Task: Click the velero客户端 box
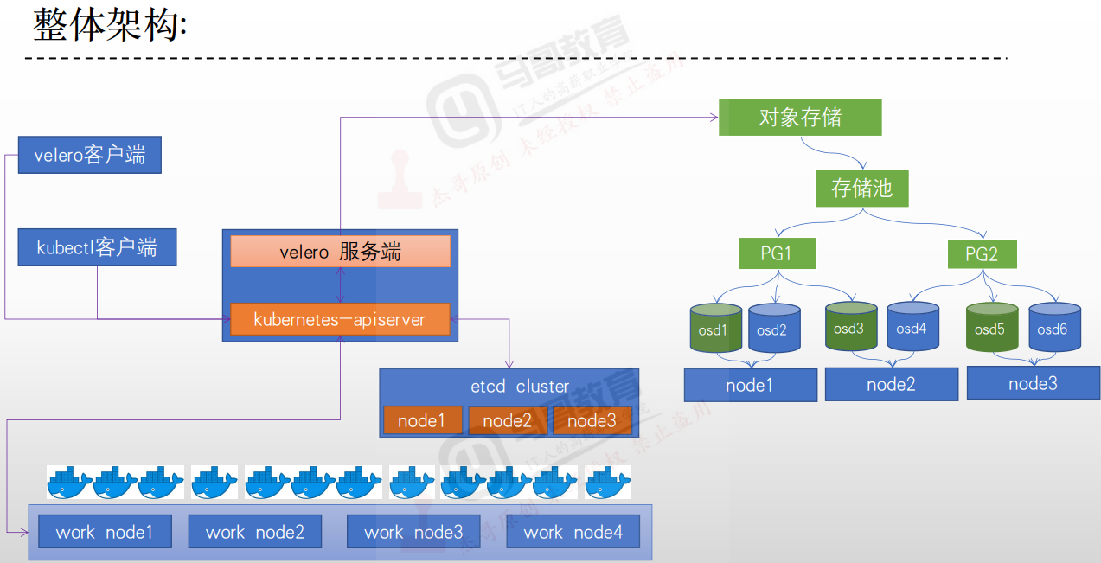pos(90,156)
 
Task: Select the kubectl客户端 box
pos(97,248)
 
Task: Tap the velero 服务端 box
pos(340,252)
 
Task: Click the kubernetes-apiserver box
pos(340,319)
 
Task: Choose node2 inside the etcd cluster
pos(507,420)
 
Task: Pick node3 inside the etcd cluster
pos(592,420)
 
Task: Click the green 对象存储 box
pos(800,118)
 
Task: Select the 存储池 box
pos(861,189)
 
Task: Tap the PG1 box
pos(777,254)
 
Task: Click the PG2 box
pos(982,254)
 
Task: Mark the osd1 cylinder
pos(715,329)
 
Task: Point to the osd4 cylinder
pos(912,329)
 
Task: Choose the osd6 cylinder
pos(1054,329)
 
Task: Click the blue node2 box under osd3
pos(891,385)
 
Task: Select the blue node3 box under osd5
pos(1033,383)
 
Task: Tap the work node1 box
pos(105,532)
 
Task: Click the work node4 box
pos(573,532)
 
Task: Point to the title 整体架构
pos(109,25)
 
